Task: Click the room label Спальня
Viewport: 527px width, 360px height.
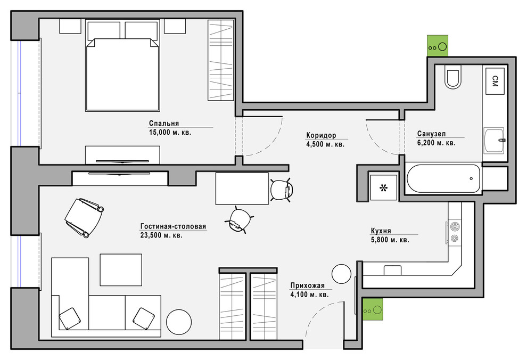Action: click(163, 124)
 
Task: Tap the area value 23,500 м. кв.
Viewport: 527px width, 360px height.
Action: click(161, 235)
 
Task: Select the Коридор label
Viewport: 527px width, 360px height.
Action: click(321, 135)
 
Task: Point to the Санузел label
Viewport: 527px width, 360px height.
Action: click(432, 134)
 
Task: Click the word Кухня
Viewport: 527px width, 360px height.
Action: click(381, 231)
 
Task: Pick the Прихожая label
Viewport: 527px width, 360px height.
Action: click(308, 286)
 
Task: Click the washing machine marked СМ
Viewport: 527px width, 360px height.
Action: click(495, 81)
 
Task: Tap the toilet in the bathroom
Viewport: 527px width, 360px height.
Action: click(452, 77)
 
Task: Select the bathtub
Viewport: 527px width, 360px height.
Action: click(443, 178)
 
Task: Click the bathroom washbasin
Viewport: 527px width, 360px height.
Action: click(494, 141)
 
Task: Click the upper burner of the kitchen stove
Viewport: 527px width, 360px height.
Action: click(455, 226)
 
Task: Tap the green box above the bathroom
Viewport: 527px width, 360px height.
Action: click(438, 46)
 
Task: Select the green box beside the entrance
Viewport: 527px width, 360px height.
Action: click(373, 309)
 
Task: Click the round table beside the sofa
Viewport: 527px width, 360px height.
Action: click(179, 322)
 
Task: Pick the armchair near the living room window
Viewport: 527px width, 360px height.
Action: click(84, 217)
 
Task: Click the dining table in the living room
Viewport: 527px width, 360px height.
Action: click(242, 188)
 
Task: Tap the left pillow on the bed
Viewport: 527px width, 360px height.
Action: click(103, 31)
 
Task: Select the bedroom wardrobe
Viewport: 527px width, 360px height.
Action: click(220, 60)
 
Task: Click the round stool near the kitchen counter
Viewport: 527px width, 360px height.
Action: click(341, 274)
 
